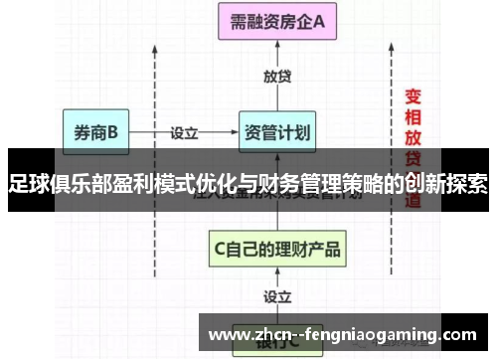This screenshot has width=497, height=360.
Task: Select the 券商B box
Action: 95,130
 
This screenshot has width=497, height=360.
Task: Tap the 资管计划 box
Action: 277,131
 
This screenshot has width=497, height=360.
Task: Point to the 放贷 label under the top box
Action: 277,77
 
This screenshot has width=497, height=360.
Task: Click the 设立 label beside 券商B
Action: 185,131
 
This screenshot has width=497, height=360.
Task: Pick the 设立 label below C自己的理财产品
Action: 277,295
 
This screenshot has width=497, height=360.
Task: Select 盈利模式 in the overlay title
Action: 158,185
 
